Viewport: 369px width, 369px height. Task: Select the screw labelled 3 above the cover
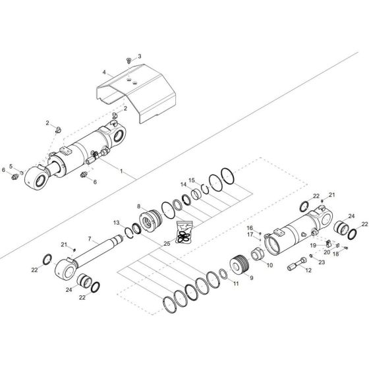(x=129, y=60)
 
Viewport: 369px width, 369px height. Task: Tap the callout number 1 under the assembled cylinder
(x=121, y=170)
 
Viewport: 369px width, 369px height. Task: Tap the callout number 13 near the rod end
(x=116, y=223)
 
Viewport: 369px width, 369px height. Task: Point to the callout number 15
(x=192, y=180)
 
